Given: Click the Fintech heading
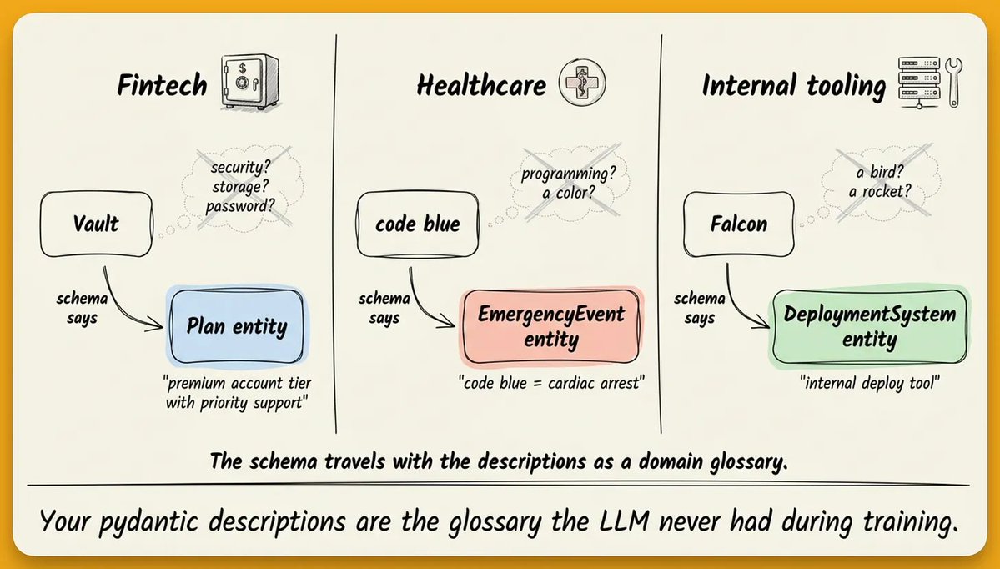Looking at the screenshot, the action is tap(162, 85).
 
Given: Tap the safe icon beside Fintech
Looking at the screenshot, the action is tap(249, 82).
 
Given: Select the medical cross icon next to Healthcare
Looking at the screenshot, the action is tap(581, 83).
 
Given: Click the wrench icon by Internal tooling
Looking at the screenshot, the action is tap(953, 83).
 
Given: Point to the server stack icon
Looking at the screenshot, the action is tap(919, 81).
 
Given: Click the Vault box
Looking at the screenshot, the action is tap(96, 224).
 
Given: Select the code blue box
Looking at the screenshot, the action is tap(418, 224).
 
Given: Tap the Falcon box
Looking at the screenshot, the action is tap(738, 224).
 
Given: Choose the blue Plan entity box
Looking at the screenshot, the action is tap(237, 326).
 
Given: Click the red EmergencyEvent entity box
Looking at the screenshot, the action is tap(551, 326).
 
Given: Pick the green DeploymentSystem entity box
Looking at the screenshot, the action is tap(869, 326).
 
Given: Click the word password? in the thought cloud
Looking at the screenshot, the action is tap(240, 206).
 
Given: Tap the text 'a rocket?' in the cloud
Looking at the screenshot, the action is tap(880, 191).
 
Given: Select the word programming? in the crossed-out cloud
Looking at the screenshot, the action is tap(568, 174).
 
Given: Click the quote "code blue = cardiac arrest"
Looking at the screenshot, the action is tap(551, 383).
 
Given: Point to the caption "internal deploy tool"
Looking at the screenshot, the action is tap(870, 383).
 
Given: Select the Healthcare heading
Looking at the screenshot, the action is tap(481, 85).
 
